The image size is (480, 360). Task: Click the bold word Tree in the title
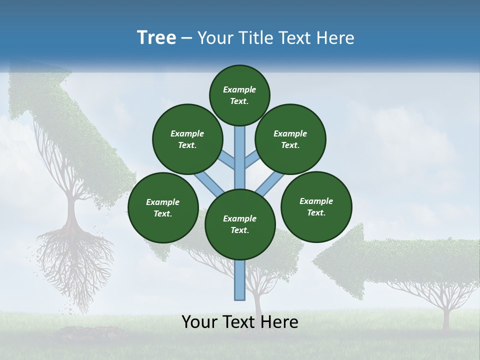(x=156, y=38)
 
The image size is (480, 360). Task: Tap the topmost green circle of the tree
(x=239, y=95)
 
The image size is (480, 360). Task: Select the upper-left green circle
(x=187, y=139)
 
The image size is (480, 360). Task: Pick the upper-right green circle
(x=290, y=139)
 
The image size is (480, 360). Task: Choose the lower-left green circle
(x=162, y=207)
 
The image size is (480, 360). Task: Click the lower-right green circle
(x=316, y=206)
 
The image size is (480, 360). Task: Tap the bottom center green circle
(x=239, y=224)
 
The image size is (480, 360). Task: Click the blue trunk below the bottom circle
(x=240, y=280)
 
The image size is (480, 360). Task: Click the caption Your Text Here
(x=239, y=322)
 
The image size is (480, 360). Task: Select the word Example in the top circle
(x=239, y=89)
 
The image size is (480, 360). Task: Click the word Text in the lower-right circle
(x=316, y=212)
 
